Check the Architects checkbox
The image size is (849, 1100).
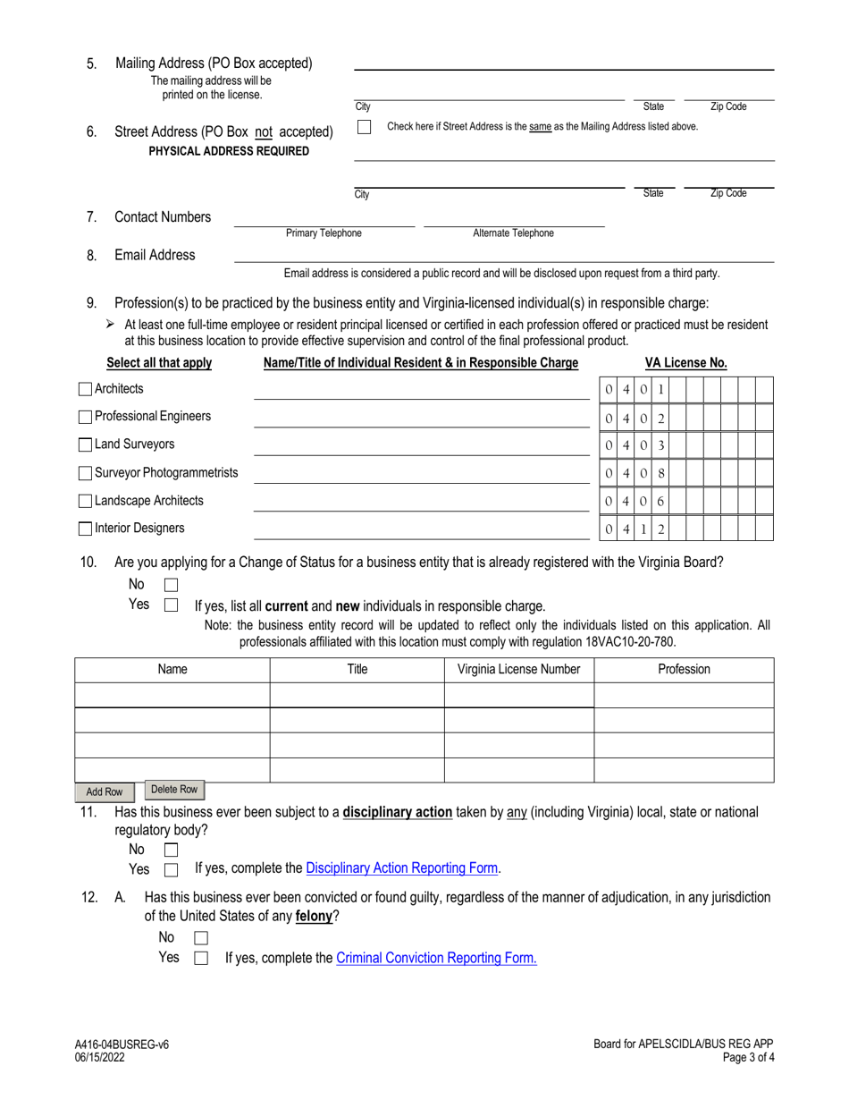(85, 389)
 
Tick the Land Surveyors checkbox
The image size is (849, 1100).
(85, 444)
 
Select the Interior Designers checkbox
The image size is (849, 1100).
(85, 529)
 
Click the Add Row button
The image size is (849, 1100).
(104, 792)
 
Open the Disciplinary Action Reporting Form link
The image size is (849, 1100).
(402, 867)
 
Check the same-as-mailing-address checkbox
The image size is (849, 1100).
(364, 128)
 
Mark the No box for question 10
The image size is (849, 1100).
(172, 585)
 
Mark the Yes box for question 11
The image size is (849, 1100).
(172, 869)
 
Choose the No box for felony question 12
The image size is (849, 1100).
(201, 938)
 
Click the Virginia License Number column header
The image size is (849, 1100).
(518, 669)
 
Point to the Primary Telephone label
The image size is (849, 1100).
(324, 233)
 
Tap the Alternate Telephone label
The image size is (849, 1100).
(513, 233)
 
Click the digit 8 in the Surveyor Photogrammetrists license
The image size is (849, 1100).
(660, 472)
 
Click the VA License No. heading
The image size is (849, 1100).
(685, 363)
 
